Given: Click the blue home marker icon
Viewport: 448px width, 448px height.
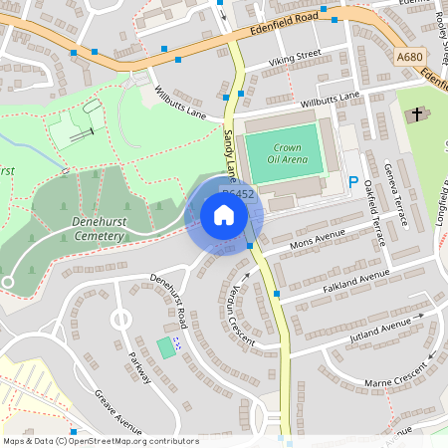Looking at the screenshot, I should click(x=224, y=215).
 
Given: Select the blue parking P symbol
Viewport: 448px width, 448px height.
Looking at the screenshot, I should click(x=353, y=183).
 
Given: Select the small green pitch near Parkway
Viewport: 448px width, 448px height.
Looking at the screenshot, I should click(x=165, y=349).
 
